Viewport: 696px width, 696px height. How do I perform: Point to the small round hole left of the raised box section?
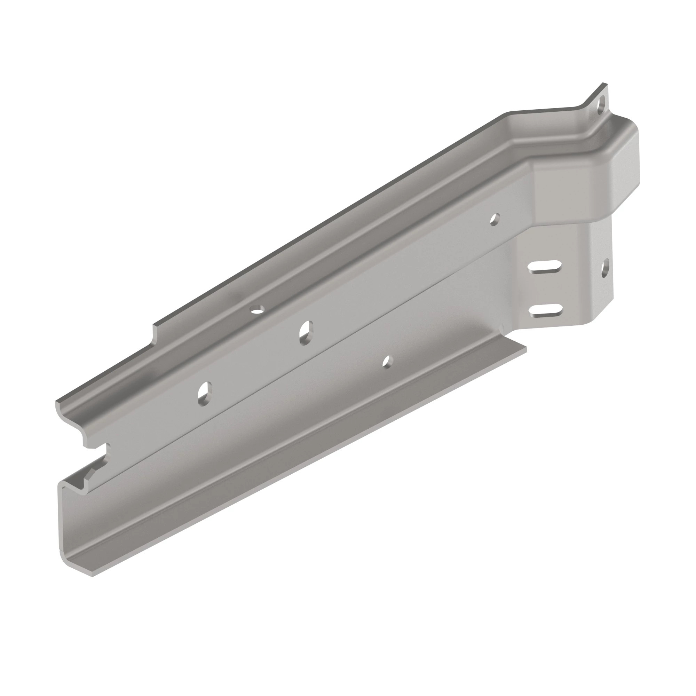[x=495, y=219]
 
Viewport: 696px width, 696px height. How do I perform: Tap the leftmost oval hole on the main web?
[x=204, y=393]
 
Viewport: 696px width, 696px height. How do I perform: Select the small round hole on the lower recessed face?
[x=387, y=362]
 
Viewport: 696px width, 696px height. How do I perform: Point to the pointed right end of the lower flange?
[x=525, y=349]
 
